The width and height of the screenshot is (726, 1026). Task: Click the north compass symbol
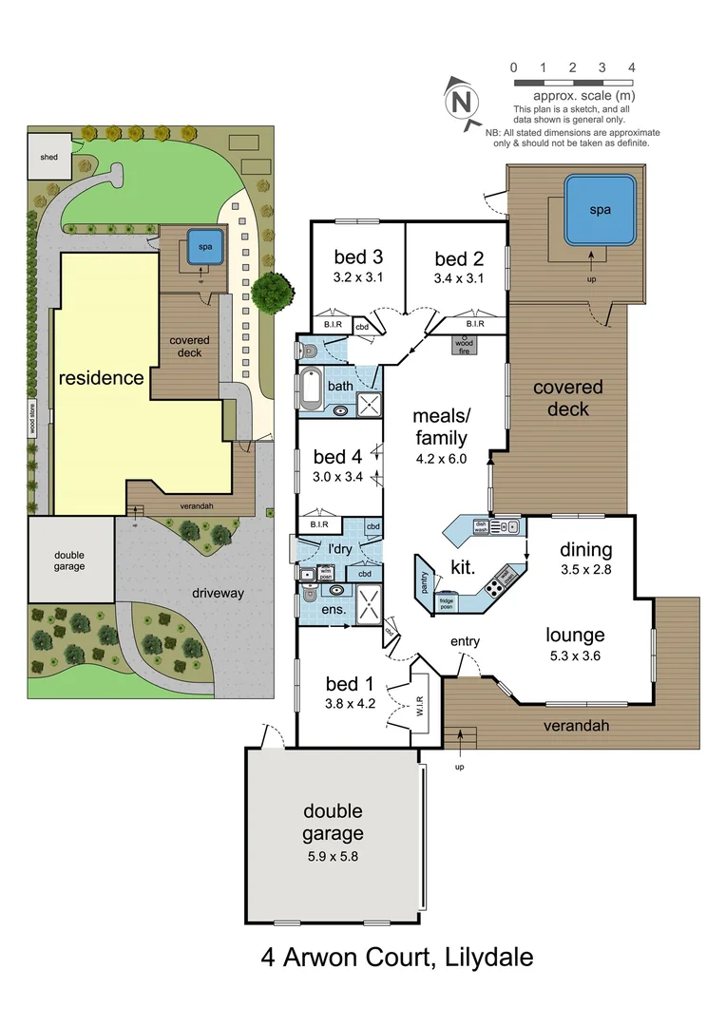462,101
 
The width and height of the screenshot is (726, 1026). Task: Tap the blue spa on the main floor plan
599,209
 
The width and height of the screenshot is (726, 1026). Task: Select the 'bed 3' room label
358,257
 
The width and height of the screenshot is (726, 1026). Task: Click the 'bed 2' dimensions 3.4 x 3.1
459,279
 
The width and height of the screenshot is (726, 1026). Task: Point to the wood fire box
467,344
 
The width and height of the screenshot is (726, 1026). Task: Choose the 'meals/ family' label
440,427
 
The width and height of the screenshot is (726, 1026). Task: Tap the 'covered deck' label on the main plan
567,398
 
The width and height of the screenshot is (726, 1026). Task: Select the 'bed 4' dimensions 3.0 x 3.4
337,477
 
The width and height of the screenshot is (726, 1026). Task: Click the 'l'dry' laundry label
340,549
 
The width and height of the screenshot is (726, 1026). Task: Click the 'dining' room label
585,550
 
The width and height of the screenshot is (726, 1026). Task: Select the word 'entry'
465,642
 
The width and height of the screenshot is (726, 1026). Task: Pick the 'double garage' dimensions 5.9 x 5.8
333,856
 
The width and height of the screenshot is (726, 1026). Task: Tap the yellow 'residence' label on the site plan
101,378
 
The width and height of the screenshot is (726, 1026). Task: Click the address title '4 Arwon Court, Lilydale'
397,956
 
